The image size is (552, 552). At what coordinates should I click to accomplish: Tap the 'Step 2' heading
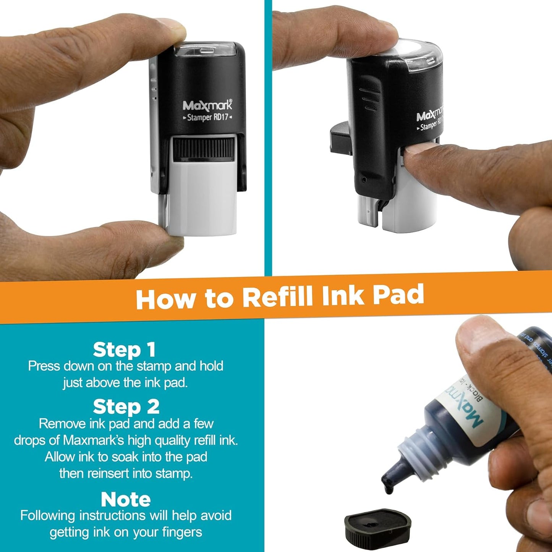(126, 407)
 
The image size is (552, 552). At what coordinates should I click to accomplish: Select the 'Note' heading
(126, 499)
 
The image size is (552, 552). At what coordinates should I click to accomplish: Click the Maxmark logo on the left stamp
(207, 105)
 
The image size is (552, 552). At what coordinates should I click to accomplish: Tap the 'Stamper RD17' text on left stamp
(207, 117)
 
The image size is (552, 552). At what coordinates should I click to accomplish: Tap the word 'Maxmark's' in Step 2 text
(94, 440)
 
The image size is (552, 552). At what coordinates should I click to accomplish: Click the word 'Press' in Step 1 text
(44, 366)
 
